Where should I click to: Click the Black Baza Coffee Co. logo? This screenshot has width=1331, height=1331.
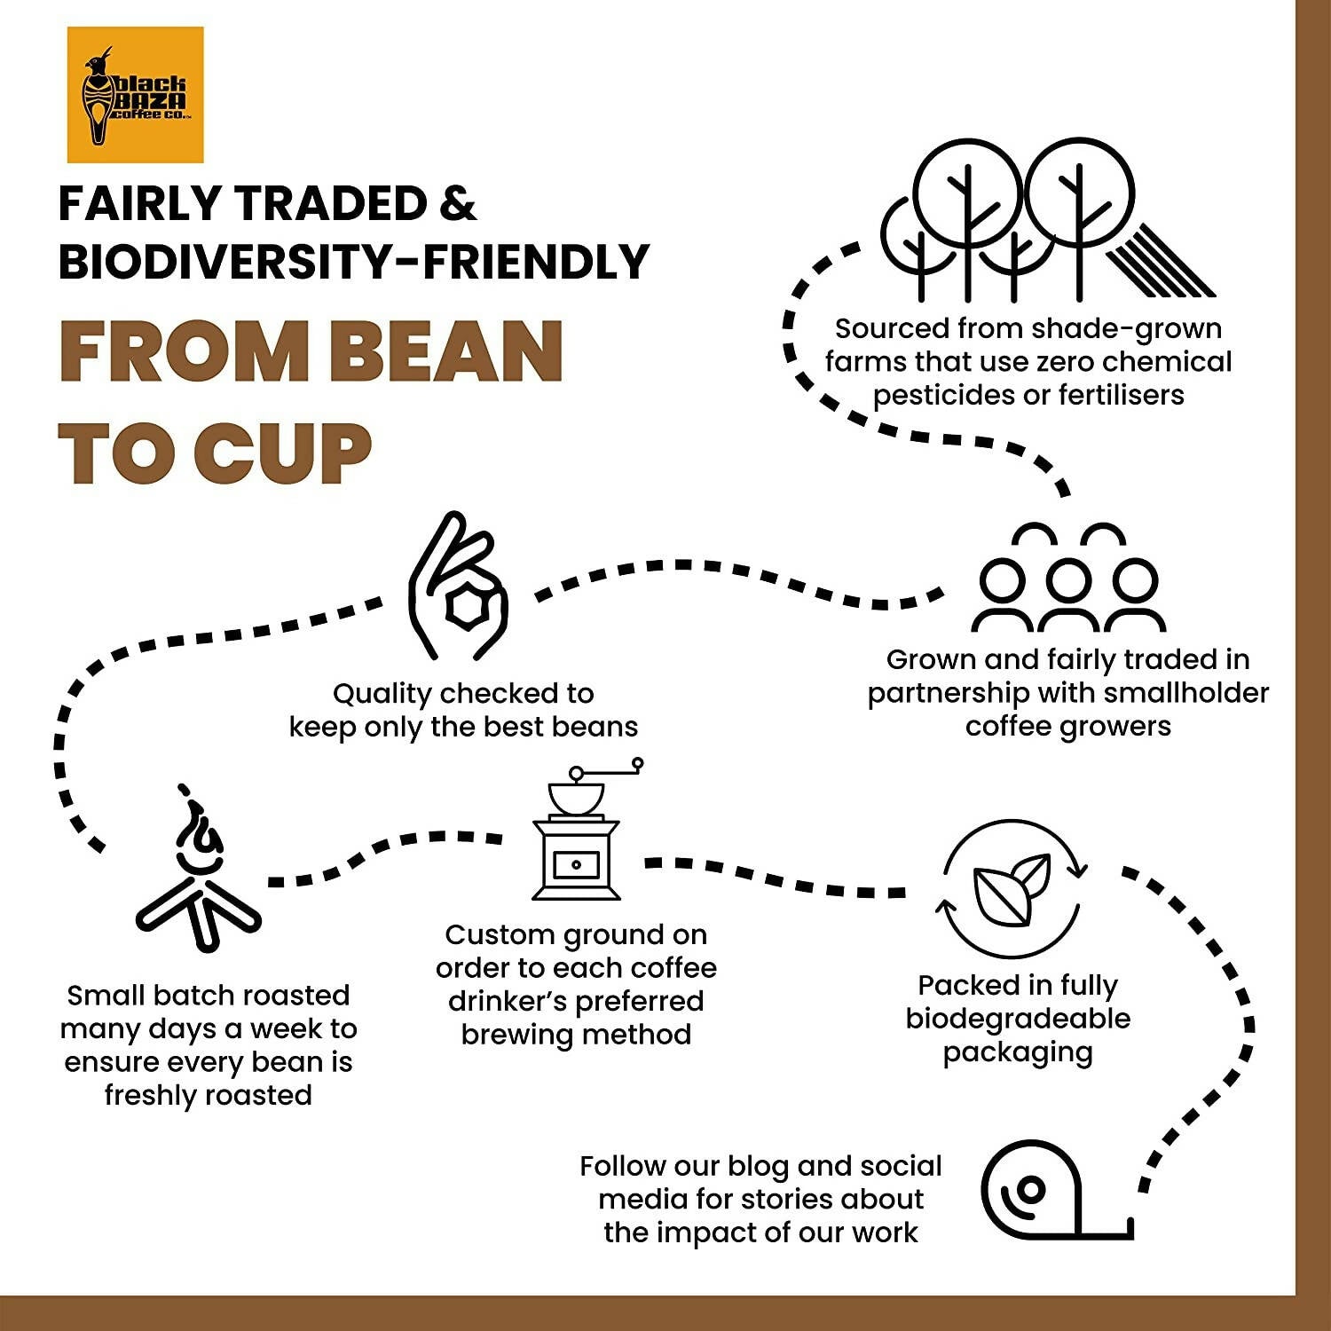[135, 95]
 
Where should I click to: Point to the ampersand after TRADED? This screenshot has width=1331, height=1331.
[457, 204]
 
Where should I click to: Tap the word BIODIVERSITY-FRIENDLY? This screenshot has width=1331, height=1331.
[354, 262]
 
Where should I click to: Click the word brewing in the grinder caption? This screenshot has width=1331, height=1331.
[516, 1035]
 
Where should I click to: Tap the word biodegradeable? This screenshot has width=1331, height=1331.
[1018, 1019]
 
